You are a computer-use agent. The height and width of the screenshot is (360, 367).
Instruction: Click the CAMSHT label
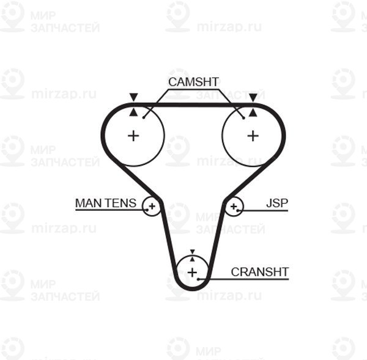(x=193, y=82)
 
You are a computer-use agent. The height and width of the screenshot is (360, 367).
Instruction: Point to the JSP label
(x=277, y=203)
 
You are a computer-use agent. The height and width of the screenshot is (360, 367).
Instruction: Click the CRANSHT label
(x=259, y=272)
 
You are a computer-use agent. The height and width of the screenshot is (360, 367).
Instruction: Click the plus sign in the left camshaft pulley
(x=133, y=136)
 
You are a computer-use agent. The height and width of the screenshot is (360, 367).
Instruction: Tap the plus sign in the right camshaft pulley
(x=253, y=136)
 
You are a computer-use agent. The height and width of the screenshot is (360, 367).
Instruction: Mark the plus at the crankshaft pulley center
(x=193, y=273)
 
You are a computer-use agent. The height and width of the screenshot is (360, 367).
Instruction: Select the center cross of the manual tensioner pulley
(x=152, y=207)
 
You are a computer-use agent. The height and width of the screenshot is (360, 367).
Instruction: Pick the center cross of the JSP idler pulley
(x=234, y=207)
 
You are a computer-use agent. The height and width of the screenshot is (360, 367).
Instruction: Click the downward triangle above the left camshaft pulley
(x=133, y=97)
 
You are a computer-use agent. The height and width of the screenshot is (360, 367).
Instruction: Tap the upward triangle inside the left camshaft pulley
(x=133, y=112)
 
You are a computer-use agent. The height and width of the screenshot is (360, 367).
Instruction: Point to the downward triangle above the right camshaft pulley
(x=253, y=97)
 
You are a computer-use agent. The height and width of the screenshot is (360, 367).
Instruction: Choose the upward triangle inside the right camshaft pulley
(x=253, y=112)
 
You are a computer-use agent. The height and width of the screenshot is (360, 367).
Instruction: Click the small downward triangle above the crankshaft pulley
(x=193, y=252)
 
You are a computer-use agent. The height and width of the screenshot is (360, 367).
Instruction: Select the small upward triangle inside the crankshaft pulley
(x=193, y=259)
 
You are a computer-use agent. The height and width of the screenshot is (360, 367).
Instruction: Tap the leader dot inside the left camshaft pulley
(x=144, y=118)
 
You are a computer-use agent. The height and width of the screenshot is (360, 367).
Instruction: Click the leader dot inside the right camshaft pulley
(x=243, y=118)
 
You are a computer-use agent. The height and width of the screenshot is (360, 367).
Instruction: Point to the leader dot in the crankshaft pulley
(x=198, y=279)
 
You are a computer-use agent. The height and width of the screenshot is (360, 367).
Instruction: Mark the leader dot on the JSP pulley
(x=237, y=210)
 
